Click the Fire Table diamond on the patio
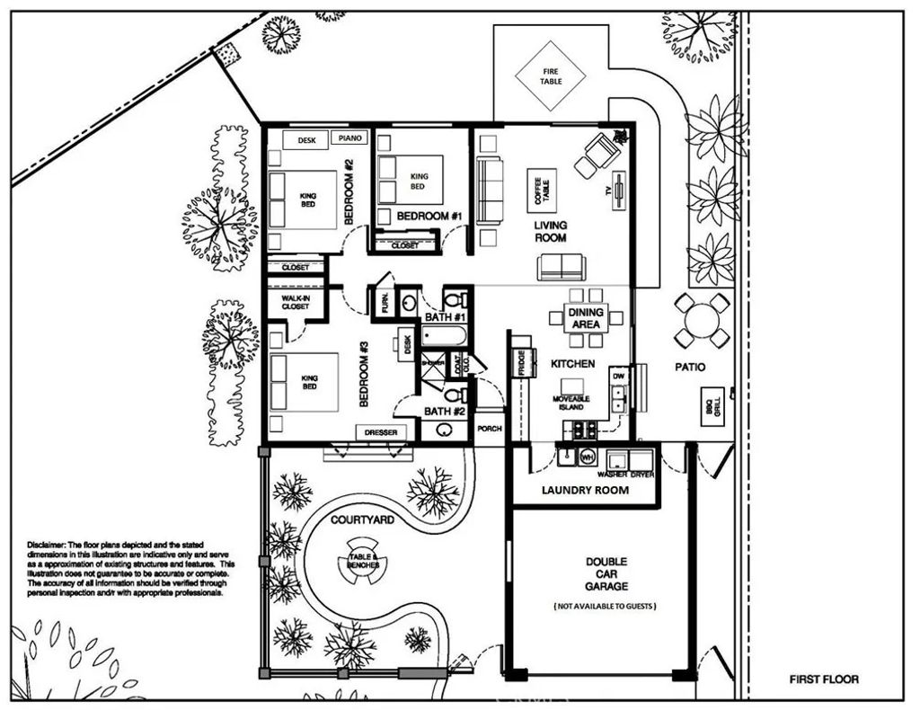[x=551, y=75]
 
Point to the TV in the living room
[x=619, y=198]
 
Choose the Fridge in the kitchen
[x=520, y=362]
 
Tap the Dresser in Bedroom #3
[x=381, y=432]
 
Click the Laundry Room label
[x=585, y=490]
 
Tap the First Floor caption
[x=823, y=679]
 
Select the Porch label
[x=490, y=429]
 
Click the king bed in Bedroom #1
[x=411, y=181]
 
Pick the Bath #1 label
[x=445, y=317]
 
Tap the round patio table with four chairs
[x=703, y=319]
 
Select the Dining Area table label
[x=586, y=317]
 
